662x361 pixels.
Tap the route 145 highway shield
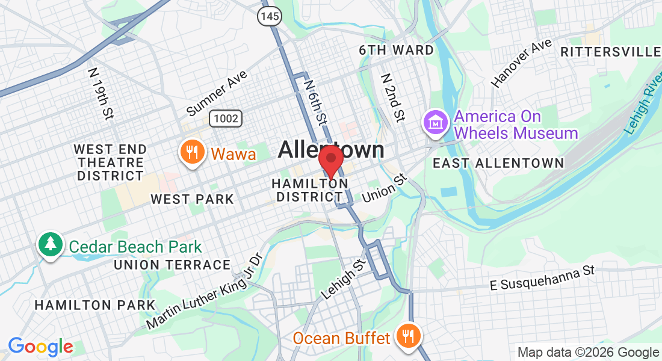pyautogui.click(x=270, y=16)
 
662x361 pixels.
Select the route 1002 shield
pyautogui.click(x=226, y=119)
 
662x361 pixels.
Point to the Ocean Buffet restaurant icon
pyautogui.click(x=407, y=337)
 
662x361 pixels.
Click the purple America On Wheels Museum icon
pyautogui.click(x=433, y=123)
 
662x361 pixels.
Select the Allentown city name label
pyautogui.click(x=331, y=150)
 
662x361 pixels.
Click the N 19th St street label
pyautogui.click(x=101, y=93)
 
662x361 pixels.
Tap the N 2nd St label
pyautogui.click(x=392, y=97)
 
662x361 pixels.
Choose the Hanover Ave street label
pyautogui.click(x=521, y=63)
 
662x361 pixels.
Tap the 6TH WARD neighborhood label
pyautogui.click(x=396, y=50)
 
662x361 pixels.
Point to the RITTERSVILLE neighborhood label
pyautogui.click(x=610, y=52)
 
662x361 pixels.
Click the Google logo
pyautogui.click(x=40, y=347)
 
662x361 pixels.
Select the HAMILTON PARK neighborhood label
pyautogui.click(x=95, y=305)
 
